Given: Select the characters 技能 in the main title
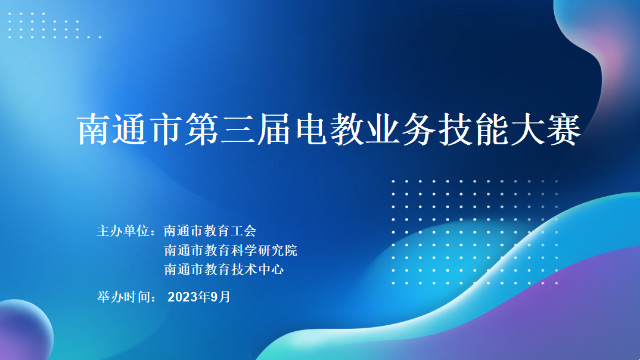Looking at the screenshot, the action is coord(473,129).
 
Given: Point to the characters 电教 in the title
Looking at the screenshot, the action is coord(329,129).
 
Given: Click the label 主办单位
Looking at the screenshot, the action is coord(123,231).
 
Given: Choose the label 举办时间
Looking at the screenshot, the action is coord(123,297).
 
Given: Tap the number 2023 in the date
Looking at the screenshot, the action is coord(183,297).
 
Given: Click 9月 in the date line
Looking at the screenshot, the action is coord(220,297).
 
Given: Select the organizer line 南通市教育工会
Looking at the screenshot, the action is coord(210,231).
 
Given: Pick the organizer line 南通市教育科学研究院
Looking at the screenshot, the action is coord(230,250).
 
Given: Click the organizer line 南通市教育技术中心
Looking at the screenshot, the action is coord(224,269).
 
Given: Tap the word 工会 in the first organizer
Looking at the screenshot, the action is coord(243,231).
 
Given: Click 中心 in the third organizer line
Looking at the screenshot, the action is coord(271,269).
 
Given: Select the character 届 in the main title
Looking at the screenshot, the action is coord(274,129).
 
